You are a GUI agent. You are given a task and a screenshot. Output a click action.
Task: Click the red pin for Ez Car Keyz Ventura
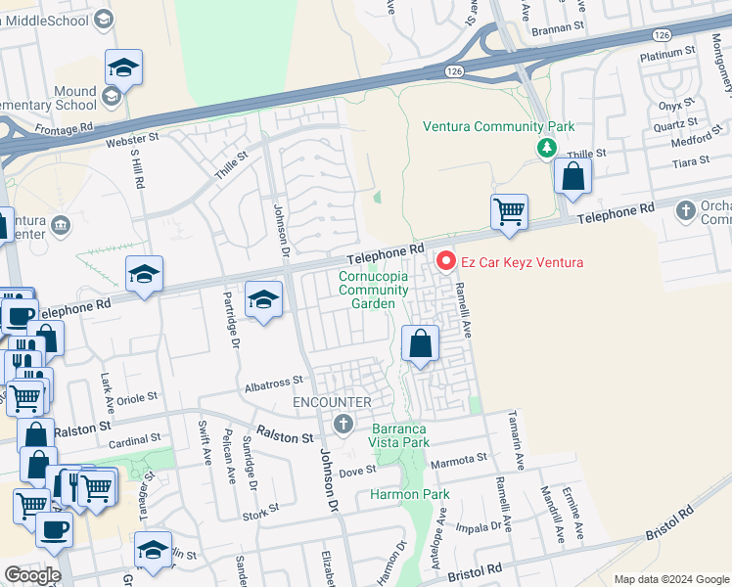coord(446,261)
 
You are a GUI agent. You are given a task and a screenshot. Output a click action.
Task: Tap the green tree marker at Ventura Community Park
coord(546,148)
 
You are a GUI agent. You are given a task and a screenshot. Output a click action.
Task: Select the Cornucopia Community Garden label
coord(367,290)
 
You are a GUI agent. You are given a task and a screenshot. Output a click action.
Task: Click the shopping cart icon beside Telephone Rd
coord(509,211)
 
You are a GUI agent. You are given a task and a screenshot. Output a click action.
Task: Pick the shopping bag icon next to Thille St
coord(572,177)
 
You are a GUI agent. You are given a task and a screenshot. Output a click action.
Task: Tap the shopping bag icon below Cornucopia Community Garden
coord(420,343)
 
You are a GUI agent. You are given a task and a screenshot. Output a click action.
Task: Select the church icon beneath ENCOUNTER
coord(343,424)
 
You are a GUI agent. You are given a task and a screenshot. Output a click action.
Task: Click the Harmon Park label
coord(409,494)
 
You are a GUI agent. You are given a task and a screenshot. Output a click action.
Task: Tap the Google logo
coord(32,575)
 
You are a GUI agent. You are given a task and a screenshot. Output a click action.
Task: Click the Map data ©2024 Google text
coord(670,579)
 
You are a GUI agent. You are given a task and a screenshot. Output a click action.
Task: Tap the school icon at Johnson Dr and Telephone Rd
coord(262,300)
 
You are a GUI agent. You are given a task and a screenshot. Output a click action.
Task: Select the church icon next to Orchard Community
coord(685,208)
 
